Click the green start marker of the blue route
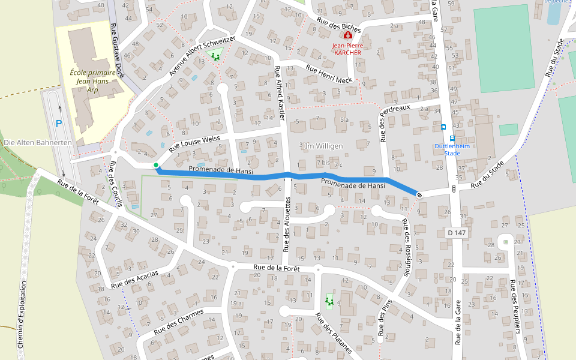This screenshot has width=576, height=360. pyautogui.click(x=156, y=165)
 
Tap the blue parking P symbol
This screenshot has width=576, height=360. pyautogui.click(x=59, y=124)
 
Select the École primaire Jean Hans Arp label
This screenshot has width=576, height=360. pyautogui.click(x=92, y=81)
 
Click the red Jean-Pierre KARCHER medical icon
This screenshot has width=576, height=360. pyautogui.click(x=347, y=36)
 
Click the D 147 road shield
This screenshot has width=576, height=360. pyautogui.click(x=457, y=232)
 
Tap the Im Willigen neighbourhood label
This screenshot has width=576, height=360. pyautogui.click(x=323, y=146)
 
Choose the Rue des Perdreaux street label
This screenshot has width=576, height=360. pyautogui.click(x=394, y=123)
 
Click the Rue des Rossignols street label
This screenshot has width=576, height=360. pyautogui.click(x=407, y=246)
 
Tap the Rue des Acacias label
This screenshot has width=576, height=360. pyautogui.click(x=134, y=278)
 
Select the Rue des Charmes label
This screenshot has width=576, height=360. pyautogui.click(x=179, y=321)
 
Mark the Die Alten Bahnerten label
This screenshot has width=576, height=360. pyautogui.click(x=38, y=143)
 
